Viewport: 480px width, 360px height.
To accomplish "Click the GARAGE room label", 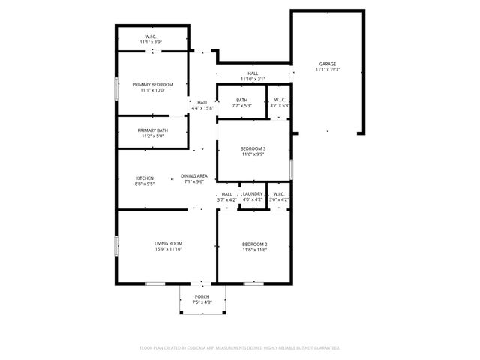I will pos(328,64).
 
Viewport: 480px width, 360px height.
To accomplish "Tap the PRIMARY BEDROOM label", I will pos(152,85).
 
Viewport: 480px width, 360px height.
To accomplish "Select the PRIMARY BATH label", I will pos(152,130).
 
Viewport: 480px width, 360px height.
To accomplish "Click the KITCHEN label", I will pos(144,178).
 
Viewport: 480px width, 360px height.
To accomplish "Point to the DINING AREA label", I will pos(193,176).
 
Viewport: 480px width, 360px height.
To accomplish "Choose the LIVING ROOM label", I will pos(169,243).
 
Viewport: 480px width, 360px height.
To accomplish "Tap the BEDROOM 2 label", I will pos(255,244).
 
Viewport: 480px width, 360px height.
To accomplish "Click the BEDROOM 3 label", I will pos(253,148).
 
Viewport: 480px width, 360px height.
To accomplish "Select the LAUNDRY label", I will pos(253,194).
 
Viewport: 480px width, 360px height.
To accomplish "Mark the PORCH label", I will pos(202,297).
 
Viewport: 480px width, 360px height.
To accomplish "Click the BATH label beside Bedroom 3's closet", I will pos(241,100).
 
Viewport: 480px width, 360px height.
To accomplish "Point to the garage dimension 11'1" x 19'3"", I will pos(328,70).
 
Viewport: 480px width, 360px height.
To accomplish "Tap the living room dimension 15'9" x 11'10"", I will pos(169,249).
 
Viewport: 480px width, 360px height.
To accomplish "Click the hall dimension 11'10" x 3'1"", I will pos(253,79).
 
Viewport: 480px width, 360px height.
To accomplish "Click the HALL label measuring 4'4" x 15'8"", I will pos(202,103).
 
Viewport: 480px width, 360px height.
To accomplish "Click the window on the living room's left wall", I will pos(115,245).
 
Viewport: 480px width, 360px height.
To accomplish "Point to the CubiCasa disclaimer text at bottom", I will pos(240,348).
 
